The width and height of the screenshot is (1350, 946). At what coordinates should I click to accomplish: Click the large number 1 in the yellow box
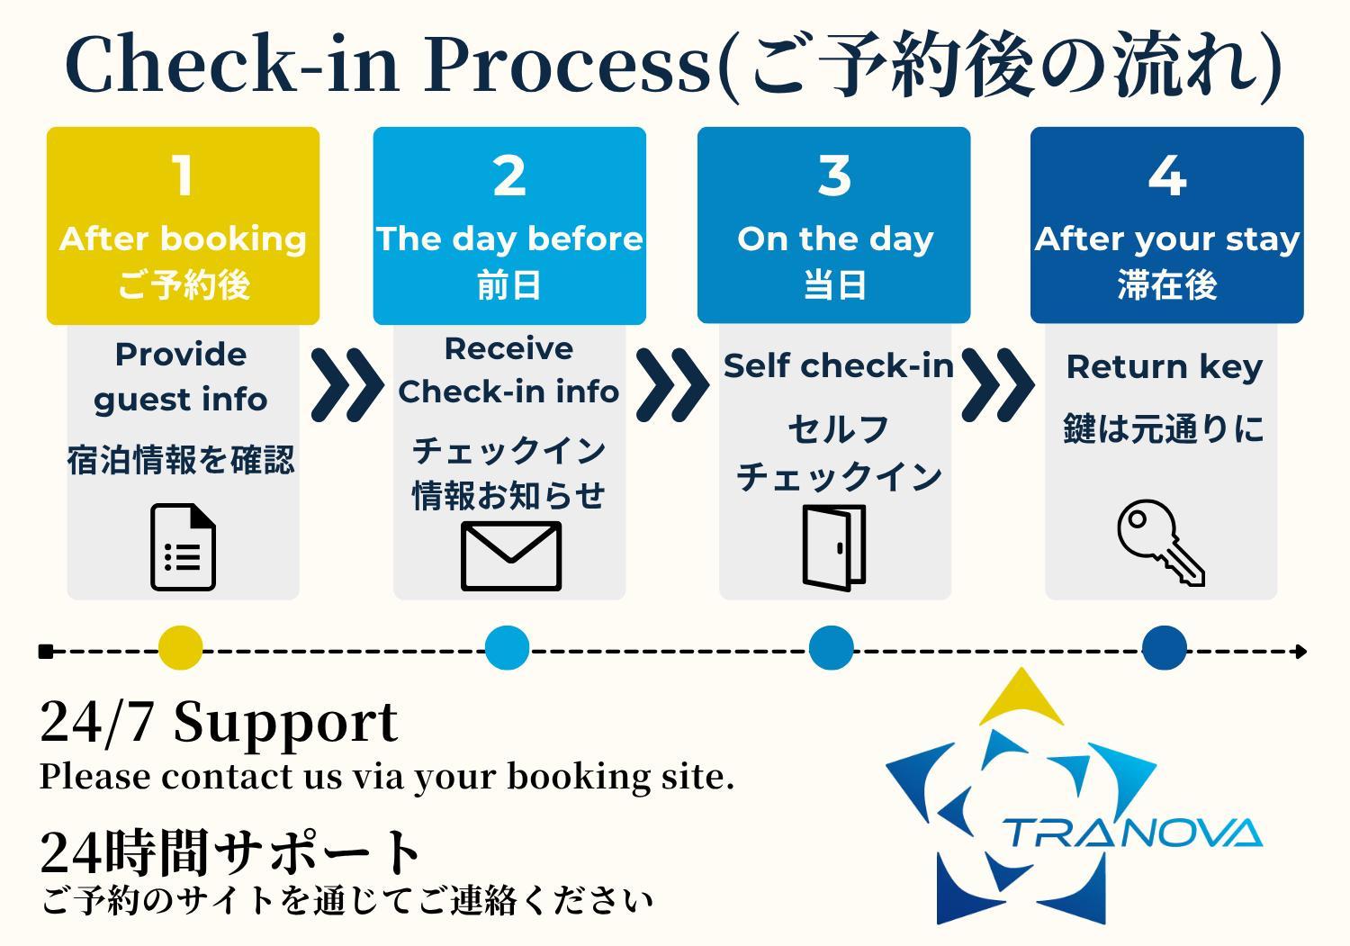pos(183,176)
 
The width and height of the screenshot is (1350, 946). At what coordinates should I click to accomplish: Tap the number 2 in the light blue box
pos(509,176)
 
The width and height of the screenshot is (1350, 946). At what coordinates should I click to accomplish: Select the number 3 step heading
pos(834,176)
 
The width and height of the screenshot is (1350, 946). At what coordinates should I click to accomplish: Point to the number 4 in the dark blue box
pos(1166,176)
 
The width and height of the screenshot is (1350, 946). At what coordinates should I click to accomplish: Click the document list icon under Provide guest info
pos(183,547)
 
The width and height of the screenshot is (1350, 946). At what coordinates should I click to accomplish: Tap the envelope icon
pos(510,555)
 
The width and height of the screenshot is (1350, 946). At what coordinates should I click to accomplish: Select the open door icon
pos(834,547)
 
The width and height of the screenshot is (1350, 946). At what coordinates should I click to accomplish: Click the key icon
pos(1160,543)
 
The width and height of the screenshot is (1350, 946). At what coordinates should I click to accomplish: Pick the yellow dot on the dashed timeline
pos(180,648)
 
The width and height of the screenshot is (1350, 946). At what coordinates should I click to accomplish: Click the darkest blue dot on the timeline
pos(1164,648)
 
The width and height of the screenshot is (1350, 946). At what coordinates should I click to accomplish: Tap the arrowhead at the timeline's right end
pos(1300,651)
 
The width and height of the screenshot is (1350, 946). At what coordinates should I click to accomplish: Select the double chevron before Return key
pos(997,384)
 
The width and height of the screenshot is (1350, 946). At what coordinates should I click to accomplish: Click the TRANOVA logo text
pos(1132,833)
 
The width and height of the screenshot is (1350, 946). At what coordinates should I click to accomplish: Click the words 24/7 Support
pos(219,722)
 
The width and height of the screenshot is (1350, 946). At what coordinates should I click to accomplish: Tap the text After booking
pos(183,239)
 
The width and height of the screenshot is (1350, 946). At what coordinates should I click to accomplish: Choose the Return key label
pos(1164,367)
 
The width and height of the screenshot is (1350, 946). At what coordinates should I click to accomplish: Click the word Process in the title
pos(567,65)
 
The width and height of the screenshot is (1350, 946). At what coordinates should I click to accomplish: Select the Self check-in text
pos(838,365)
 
